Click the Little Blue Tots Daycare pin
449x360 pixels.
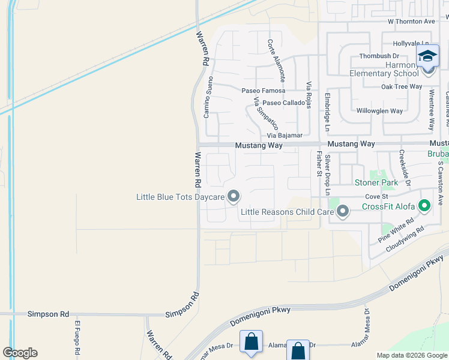234,197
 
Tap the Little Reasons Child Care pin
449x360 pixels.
343,211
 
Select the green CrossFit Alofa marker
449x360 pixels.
425,207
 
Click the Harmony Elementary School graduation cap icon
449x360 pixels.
428,57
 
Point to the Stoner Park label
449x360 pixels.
376,182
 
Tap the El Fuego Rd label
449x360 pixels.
77,338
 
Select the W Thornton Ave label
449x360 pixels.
411,22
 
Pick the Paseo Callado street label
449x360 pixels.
283,103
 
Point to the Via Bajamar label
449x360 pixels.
285,136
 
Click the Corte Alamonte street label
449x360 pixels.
276,61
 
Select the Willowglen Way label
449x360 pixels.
379,111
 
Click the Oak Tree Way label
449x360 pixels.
402,87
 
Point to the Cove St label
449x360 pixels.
377,196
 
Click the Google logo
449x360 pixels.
20,353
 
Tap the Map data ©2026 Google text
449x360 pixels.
411,355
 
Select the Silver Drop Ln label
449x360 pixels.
328,175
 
